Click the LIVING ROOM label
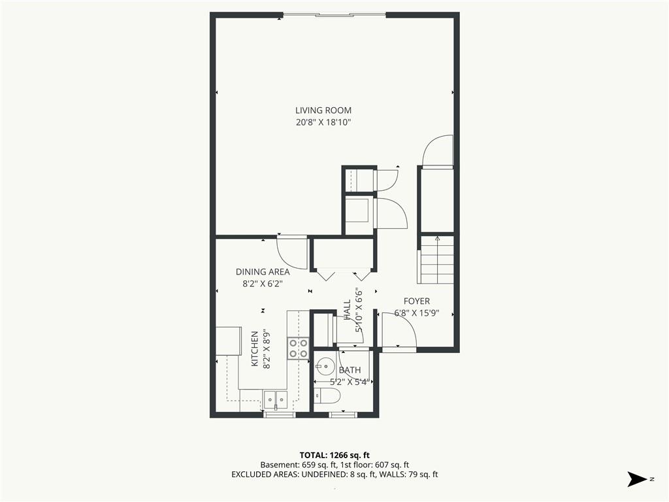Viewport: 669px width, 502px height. click(x=323, y=110)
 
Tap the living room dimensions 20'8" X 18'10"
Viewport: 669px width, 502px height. click(x=323, y=122)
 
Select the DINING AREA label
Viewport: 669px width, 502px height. click(x=263, y=272)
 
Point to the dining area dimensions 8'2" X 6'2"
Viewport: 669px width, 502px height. click(x=263, y=284)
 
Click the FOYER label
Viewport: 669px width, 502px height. click(x=417, y=301)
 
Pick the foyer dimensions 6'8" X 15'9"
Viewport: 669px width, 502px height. click(x=417, y=313)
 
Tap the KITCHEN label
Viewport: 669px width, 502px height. click(x=255, y=349)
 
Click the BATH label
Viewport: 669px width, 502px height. click(x=350, y=370)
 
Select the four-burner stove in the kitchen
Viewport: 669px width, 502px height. click(x=298, y=348)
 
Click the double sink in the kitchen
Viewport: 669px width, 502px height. click(x=276, y=400)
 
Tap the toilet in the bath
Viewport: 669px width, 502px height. click(x=327, y=396)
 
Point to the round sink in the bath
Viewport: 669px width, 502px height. click(x=325, y=366)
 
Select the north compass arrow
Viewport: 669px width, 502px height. click(x=638, y=479)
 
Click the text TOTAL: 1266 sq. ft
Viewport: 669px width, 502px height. click(x=334, y=455)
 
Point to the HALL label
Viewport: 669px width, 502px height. click(x=347, y=309)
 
